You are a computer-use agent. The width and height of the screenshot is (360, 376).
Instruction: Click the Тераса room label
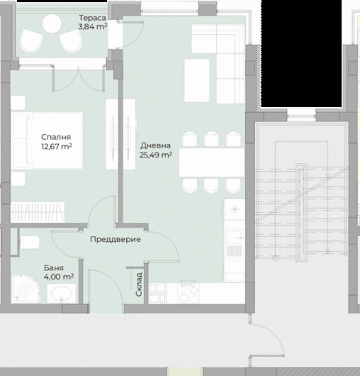92,18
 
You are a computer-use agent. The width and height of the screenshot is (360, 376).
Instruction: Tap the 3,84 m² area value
92,26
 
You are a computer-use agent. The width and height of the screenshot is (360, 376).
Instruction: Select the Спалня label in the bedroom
56,137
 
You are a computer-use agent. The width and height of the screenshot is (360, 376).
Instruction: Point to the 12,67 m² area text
57,146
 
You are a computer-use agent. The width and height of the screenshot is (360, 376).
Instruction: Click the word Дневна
156,145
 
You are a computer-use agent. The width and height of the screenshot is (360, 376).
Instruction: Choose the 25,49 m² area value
156,155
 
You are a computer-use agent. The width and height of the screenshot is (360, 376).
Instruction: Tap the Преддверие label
116,239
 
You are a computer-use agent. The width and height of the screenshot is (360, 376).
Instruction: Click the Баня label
54,268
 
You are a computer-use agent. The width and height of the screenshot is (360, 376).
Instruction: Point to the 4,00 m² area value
59,277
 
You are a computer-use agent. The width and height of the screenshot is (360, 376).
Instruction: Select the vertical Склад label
139,284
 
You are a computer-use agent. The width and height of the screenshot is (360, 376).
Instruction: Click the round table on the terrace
52,23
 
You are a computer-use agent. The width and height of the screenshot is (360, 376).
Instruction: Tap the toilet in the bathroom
29,243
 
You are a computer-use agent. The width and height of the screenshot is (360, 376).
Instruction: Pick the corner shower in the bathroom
26,289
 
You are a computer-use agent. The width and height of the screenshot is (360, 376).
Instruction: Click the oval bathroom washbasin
62,294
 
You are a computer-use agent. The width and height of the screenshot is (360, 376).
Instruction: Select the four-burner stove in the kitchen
189,293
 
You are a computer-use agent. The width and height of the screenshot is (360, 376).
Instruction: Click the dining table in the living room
212,162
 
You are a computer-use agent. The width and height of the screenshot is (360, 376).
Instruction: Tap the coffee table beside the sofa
196,81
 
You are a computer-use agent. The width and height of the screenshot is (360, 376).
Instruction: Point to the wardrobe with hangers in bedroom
38,212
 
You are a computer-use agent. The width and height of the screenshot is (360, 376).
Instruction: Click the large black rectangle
301,53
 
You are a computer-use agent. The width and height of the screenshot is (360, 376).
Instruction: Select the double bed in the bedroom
47,140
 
